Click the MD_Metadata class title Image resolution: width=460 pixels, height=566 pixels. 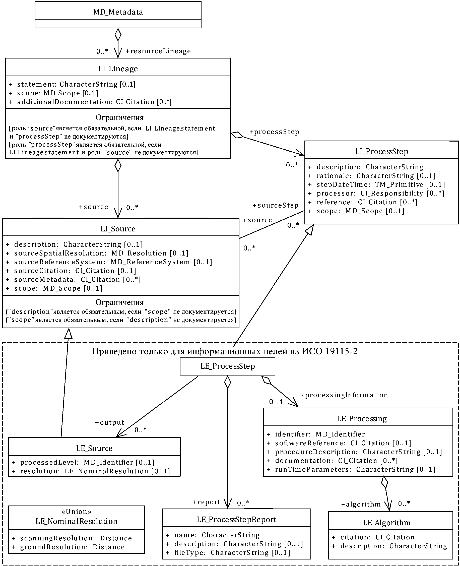[118, 12]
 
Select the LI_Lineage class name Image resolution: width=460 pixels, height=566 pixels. [118, 69]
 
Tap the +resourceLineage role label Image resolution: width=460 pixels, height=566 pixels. [158, 51]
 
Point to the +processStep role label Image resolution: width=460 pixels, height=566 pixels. [274, 132]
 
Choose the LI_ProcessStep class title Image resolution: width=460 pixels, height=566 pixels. [381, 152]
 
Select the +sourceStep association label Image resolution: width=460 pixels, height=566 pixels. [276, 205]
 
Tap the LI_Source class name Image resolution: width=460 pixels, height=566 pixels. [118, 229]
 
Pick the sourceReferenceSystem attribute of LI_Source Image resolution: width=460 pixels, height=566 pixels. [109, 262]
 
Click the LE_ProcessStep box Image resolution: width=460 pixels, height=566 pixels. [227, 366]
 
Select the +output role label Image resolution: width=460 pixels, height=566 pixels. [110, 422]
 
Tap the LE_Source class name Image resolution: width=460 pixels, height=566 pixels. [94, 448]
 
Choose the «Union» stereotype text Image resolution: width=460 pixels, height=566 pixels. [76, 512]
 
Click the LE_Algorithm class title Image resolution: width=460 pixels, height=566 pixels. [387, 523]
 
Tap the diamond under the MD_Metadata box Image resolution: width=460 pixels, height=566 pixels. [118, 34]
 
